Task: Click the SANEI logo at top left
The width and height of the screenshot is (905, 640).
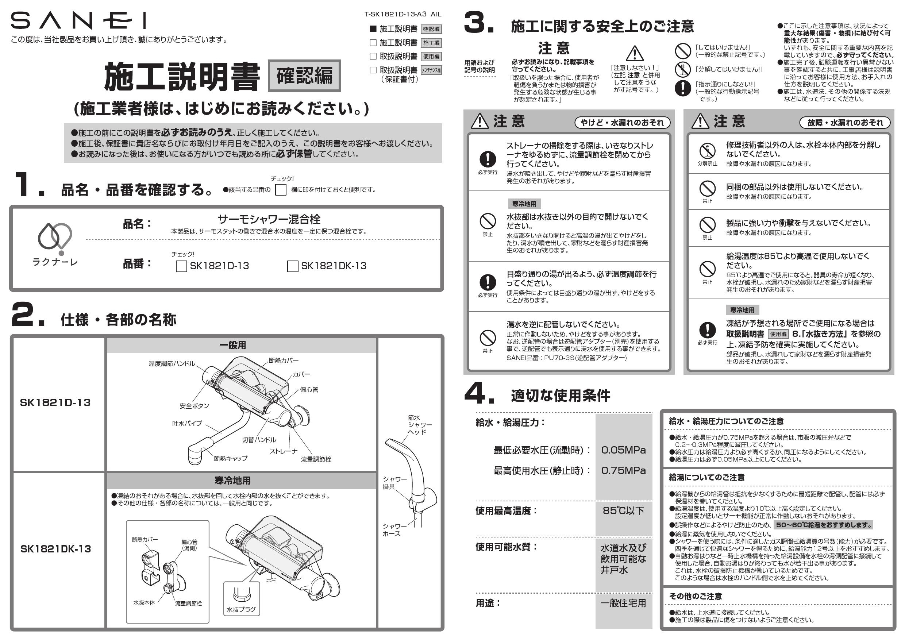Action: (78, 20)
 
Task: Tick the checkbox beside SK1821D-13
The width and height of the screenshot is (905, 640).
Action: (181, 266)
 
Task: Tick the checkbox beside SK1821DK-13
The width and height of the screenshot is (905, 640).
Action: (292, 266)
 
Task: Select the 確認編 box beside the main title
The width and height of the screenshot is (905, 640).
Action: (304, 76)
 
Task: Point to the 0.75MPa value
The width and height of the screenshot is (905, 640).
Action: (623, 471)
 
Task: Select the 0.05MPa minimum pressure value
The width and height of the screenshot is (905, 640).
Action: (623, 450)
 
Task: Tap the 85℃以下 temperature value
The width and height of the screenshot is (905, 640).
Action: (623, 511)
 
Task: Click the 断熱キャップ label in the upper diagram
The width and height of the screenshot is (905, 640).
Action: (231, 458)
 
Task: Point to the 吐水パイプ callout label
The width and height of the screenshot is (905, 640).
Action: (187, 423)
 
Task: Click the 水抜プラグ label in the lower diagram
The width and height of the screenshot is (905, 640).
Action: (241, 609)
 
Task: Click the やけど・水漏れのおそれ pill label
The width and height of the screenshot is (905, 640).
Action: (622, 123)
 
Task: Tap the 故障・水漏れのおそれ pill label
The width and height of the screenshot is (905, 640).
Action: (845, 123)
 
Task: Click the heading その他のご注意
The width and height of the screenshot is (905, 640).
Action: (695, 596)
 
